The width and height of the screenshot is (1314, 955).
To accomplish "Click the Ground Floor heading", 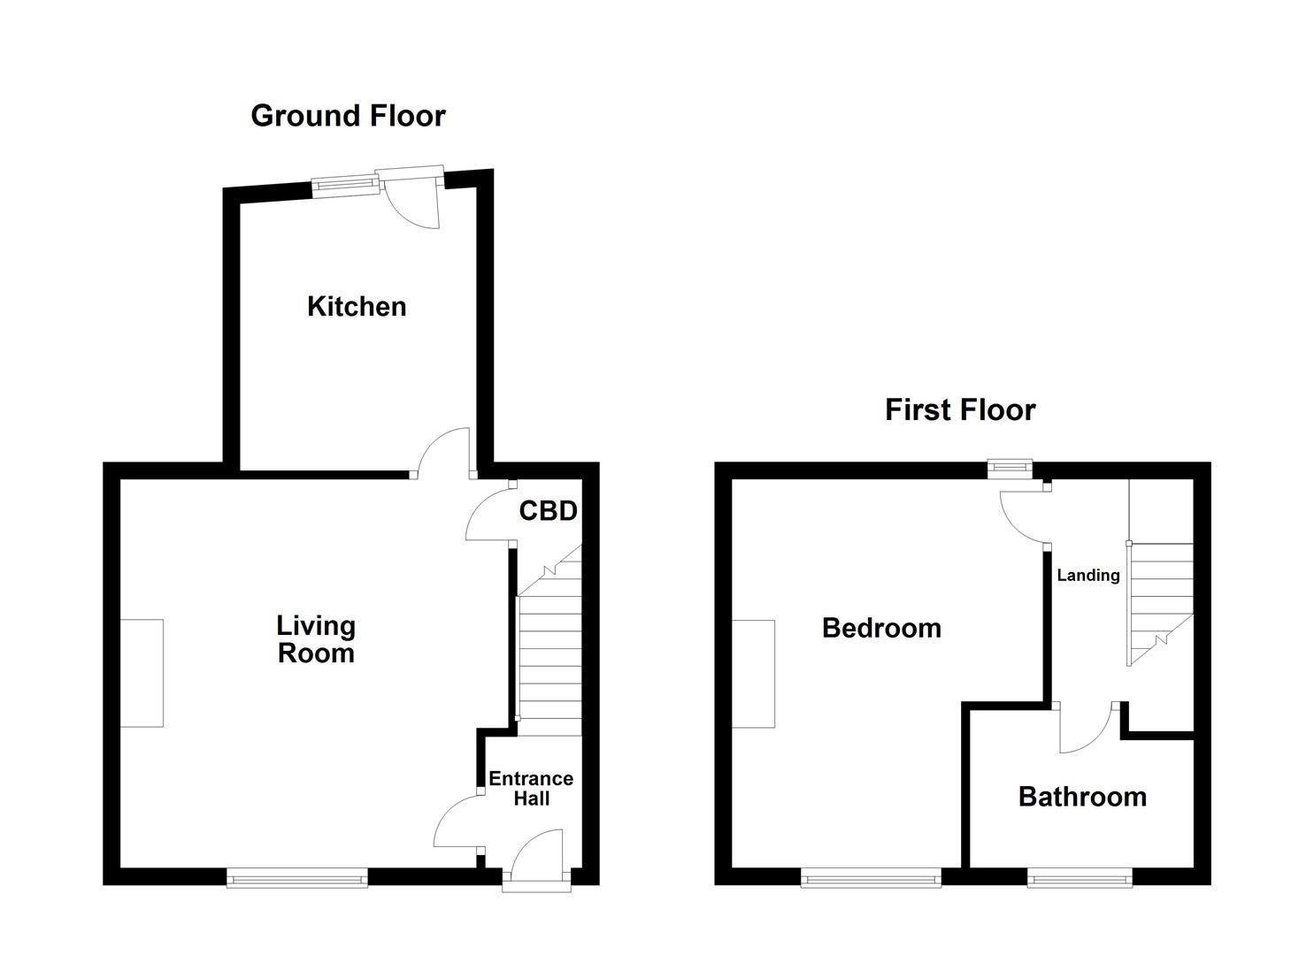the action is pos(348,116).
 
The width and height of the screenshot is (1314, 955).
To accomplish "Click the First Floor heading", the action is pos(960,410).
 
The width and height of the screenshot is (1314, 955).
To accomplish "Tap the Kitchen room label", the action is pos(357,307).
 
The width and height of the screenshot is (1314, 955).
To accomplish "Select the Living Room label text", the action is pos(316,639).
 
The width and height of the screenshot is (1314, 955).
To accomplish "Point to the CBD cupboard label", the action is pos(548,511).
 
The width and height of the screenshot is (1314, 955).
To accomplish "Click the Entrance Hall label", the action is pos(531,789).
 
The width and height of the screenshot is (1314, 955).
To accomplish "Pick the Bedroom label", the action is pos(881,629).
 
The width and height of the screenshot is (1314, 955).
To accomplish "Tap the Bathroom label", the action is pos(1082,798).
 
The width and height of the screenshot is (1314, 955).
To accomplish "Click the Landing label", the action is pos(1088,575).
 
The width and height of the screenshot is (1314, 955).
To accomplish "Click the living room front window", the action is pos(297,879).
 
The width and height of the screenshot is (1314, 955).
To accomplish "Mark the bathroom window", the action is pos(1080,879).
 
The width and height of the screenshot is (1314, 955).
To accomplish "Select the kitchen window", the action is pos(345,186).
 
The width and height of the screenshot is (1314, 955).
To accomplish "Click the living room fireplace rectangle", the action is pos(142,673).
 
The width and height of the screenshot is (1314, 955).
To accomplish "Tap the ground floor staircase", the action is pos(549,640).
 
